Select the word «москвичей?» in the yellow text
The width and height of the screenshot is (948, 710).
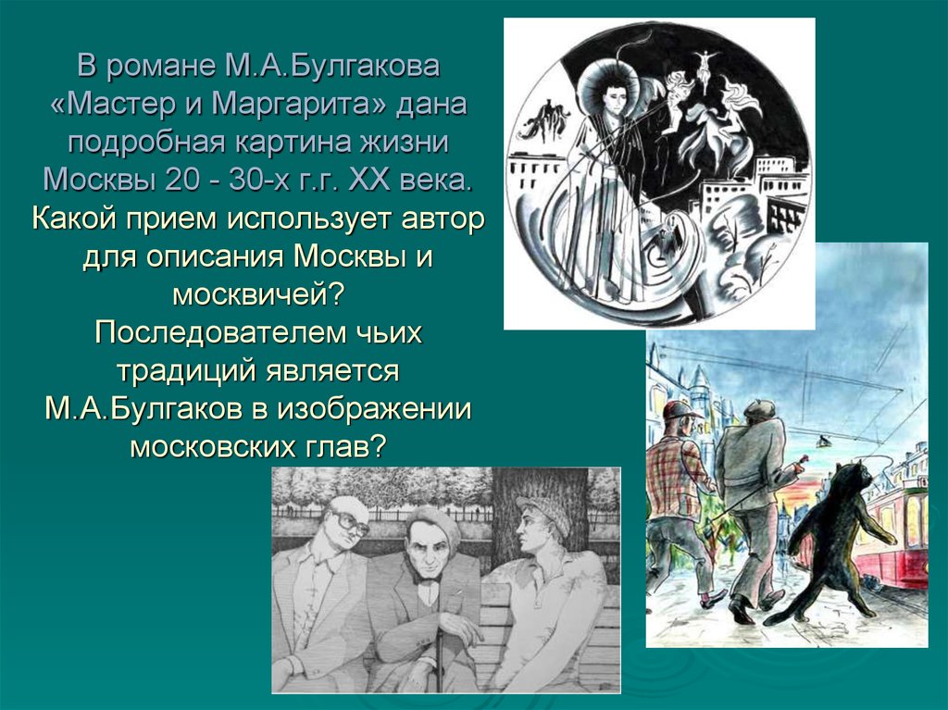point(259,294)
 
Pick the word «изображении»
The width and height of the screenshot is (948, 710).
point(374,409)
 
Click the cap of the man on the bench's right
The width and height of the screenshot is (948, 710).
point(543,512)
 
